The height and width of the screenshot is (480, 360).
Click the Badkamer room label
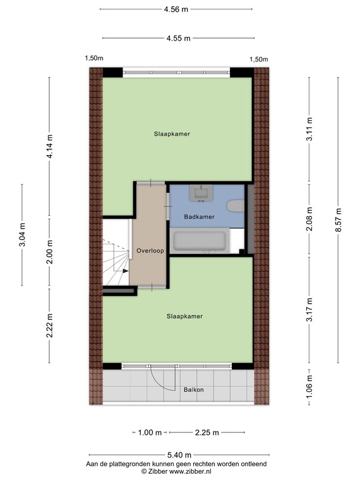click(199, 217)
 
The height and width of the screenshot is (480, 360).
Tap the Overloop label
click(150, 251)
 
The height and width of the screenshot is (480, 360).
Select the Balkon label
click(194, 390)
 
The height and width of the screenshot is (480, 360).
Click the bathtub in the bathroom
click(199, 241)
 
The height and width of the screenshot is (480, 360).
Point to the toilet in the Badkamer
click(236, 206)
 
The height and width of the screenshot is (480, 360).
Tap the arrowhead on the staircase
click(126, 271)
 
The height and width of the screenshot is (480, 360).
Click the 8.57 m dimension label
click(339, 220)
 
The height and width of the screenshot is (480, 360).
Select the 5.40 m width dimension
click(180, 455)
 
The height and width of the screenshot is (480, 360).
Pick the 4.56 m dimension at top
click(176, 9)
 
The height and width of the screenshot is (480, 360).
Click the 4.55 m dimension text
click(179, 38)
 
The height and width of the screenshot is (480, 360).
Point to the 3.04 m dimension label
click(22, 235)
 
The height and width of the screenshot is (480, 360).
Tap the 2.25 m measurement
click(207, 432)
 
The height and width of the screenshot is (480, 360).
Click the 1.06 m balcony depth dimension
click(309, 386)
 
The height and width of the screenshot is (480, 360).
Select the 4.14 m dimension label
click(49, 146)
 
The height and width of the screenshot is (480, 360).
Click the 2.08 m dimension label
click(309, 219)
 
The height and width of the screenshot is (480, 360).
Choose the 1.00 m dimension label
click(150, 432)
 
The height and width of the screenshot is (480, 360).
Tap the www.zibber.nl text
click(190, 472)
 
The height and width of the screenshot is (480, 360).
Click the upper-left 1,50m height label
click(94, 58)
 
